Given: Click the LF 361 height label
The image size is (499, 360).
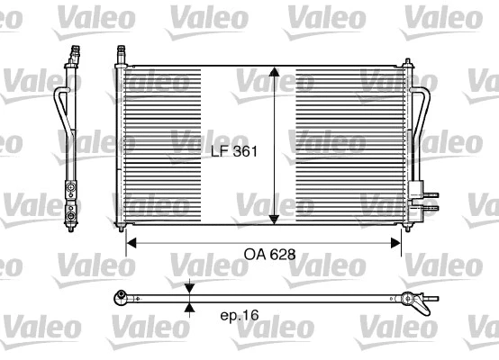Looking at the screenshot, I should (x=236, y=152).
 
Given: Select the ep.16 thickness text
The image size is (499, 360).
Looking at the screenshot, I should (x=239, y=317).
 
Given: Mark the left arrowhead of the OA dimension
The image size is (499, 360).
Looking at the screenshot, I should (x=130, y=241).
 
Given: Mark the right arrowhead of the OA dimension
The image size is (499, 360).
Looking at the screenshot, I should (x=397, y=241).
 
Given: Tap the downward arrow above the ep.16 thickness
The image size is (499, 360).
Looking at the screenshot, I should (x=189, y=289).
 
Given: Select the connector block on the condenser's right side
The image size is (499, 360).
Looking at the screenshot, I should (x=416, y=192).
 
